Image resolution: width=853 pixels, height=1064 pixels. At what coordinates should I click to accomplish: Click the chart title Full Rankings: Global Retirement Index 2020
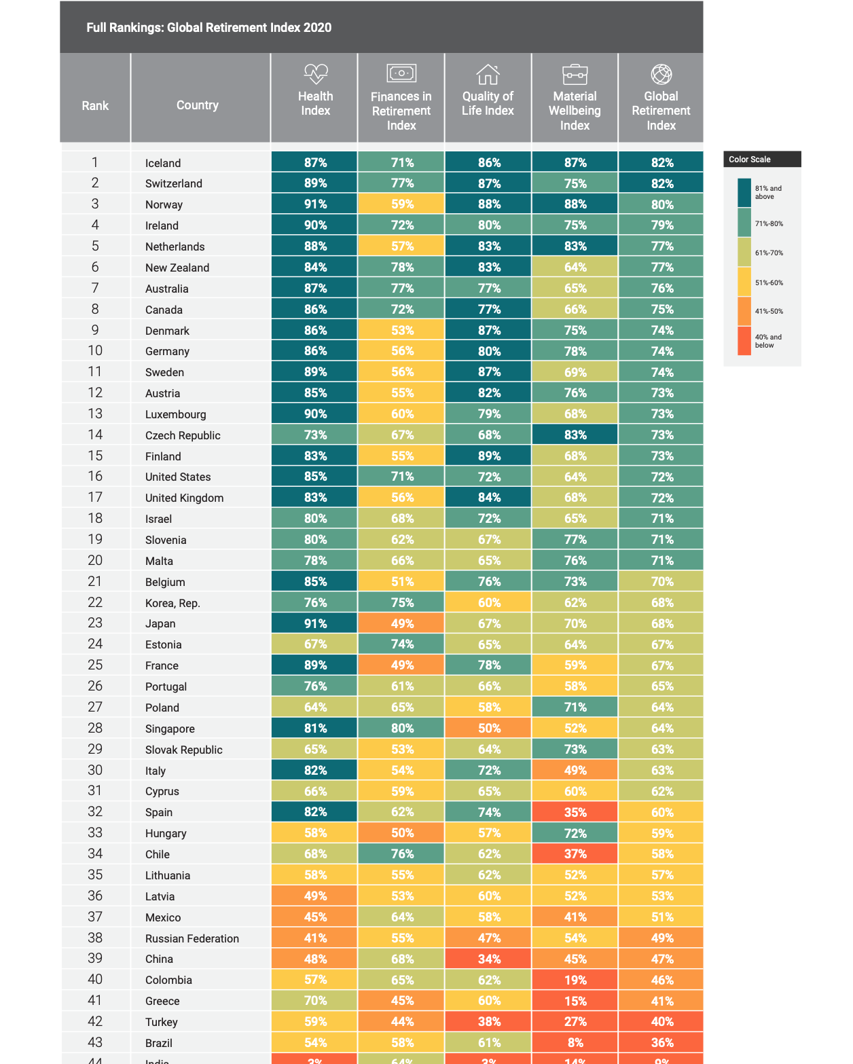pyautogui.click(x=209, y=28)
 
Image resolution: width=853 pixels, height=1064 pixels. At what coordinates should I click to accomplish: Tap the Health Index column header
pyautogui.click(x=315, y=103)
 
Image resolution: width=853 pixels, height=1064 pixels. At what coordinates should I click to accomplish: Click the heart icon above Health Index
pyautogui.click(x=316, y=73)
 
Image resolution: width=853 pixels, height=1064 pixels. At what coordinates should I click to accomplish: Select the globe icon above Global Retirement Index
pyautogui.click(x=661, y=73)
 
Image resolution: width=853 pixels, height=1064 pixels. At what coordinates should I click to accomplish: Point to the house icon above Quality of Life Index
pyautogui.click(x=488, y=73)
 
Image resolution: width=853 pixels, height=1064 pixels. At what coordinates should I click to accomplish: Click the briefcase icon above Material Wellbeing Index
pyautogui.click(x=575, y=73)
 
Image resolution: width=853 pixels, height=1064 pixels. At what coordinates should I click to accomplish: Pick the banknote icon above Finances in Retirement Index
pyautogui.click(x=401, y=73)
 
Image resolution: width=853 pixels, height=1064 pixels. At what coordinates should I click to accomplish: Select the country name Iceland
pyautogui.click(x=163, y=163)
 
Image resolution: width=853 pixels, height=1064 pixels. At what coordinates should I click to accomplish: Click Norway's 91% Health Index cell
pyautogui.click(x=315, y=204)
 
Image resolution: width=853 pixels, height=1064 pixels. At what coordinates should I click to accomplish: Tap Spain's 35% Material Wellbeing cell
pyautogui.click(x=575, y=812)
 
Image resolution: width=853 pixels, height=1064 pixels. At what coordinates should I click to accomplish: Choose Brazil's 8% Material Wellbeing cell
pyautogui.click(x=575, y=1042)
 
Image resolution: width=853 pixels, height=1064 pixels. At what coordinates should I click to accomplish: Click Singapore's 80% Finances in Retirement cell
pyautogui.click(x=402, y=728)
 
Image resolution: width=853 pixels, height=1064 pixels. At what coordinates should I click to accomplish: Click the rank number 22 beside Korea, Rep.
pyautogui.click(x=95, y=602)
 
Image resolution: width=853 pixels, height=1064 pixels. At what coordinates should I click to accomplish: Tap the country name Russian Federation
pyautogui.click(x=192, y=938)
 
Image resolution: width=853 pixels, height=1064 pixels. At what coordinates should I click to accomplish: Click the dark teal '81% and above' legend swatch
pyautogui.click(x=744, y=192)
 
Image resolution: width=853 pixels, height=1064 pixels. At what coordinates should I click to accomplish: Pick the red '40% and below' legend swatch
pyautogui.click(x=744, y=341)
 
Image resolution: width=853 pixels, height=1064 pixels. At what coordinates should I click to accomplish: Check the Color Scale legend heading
pyautogui.click(x=750, y=160)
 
